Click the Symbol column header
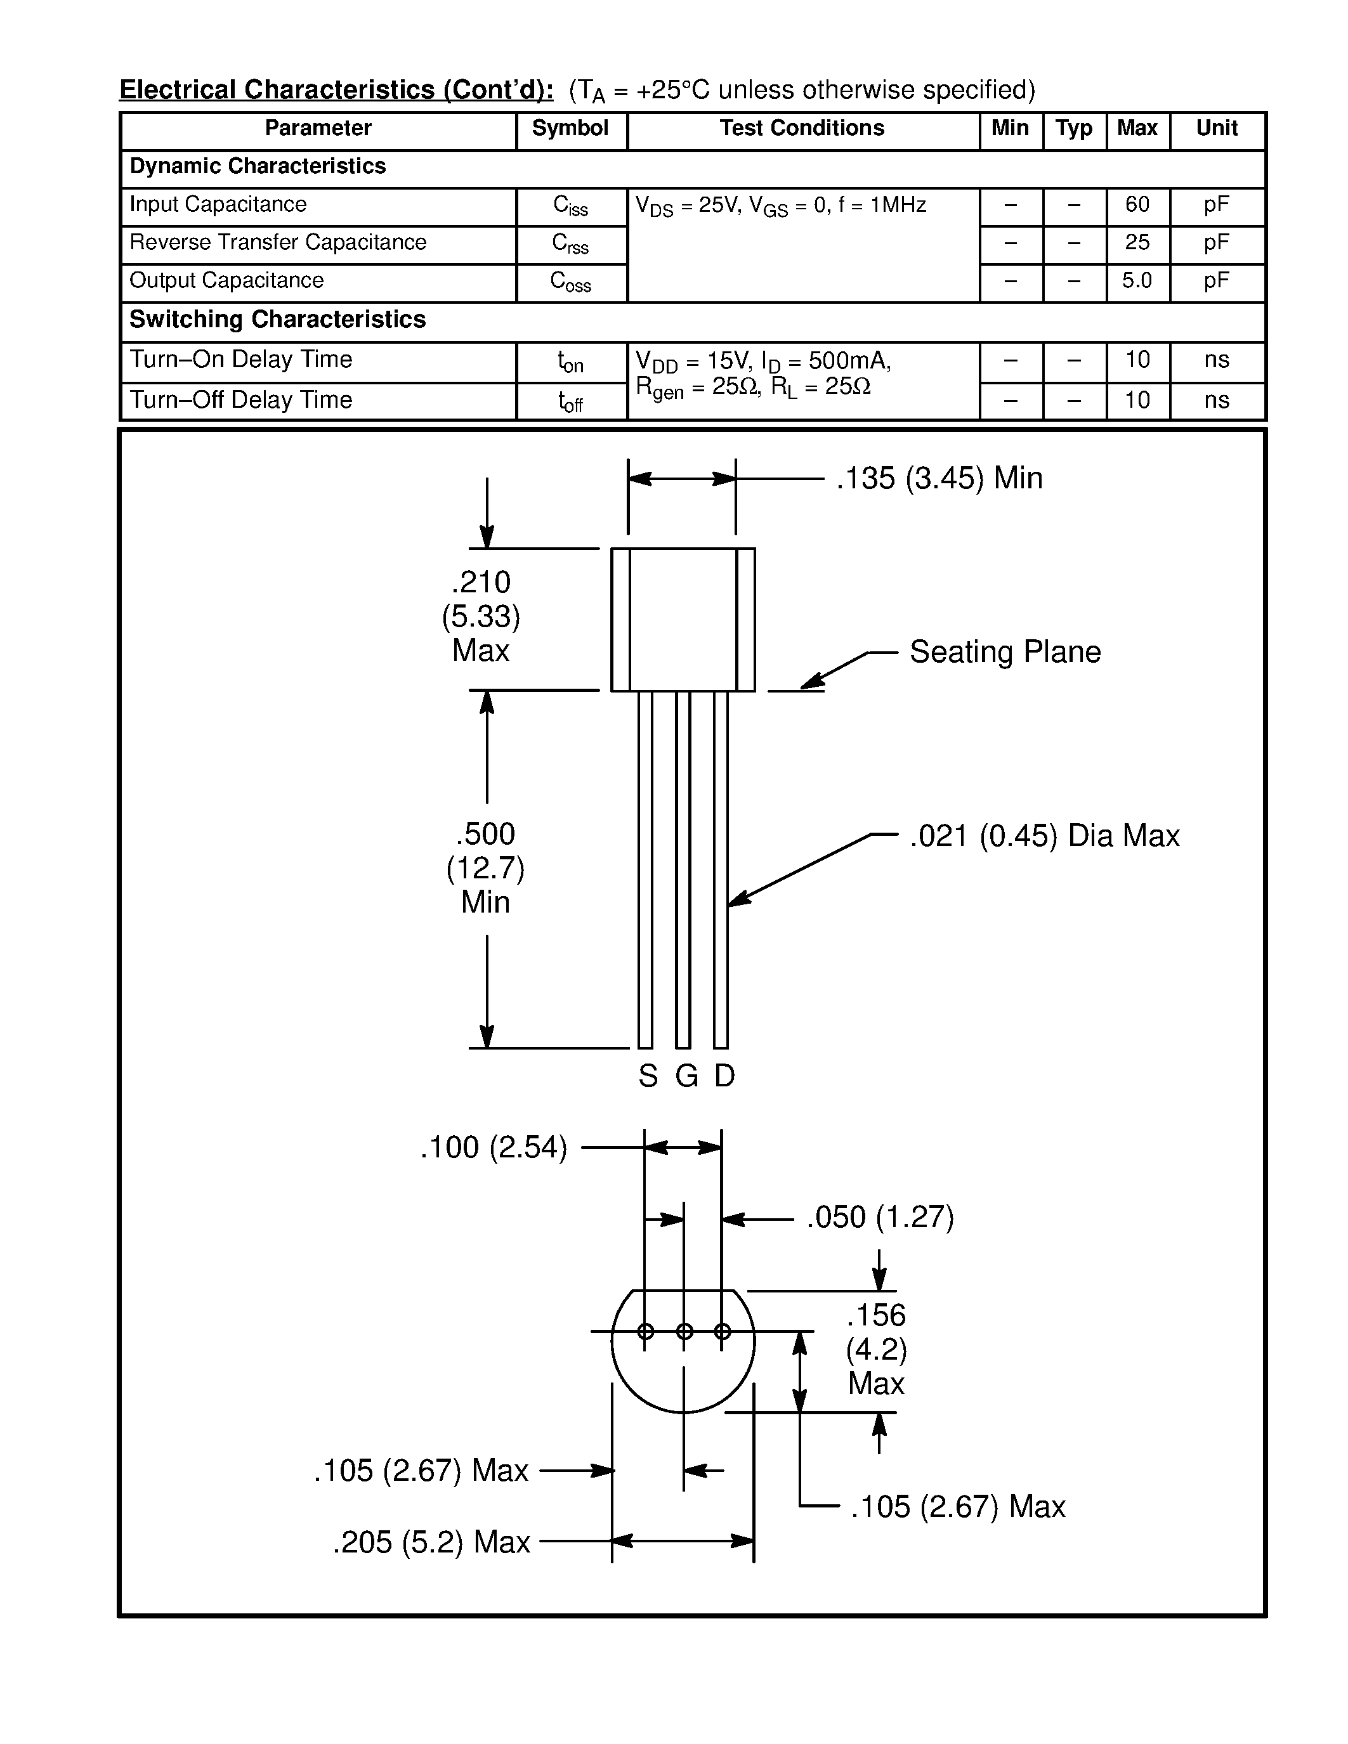tap(570, 129)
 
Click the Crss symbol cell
tap(570, 244)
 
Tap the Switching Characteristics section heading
tap(277, 320)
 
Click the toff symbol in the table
tap(570, 401)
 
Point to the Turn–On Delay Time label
tap(240, 360)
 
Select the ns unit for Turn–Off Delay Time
tap(1216, 400)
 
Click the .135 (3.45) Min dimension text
tap(939, 478)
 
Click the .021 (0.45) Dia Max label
tap(1044, 836)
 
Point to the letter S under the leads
tap(648, 1076)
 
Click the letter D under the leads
tap(724, 1076)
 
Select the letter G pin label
tap(686, 1076)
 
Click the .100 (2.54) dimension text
tap(494, 1147)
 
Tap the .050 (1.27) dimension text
tap(880, 1218)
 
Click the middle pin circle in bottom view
tap(684, 1331)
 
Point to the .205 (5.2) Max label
tap(431, 1542)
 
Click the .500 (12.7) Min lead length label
tap(485, 868)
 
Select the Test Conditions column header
tap(802, 129)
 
